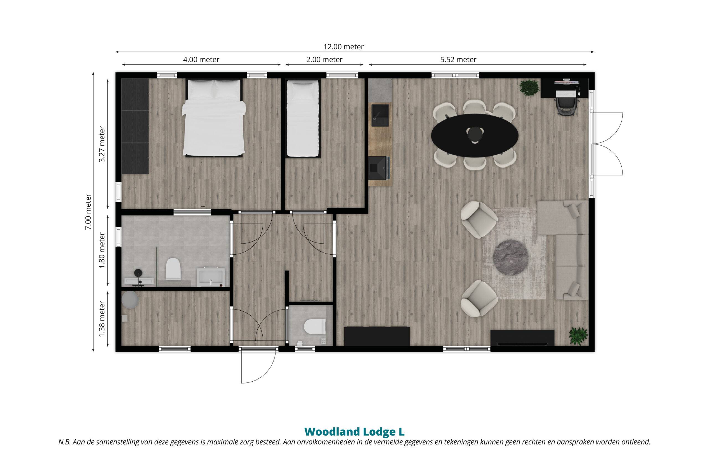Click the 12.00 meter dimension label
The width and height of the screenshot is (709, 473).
pyautogui.click(x=344, y=47)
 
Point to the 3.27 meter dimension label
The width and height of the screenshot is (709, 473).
pyautogui.click(x=102, y=144)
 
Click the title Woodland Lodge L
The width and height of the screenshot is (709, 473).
pyautogui.click(x=354, y=432)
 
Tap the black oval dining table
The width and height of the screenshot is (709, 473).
pyautogui.click(x=474, y=135)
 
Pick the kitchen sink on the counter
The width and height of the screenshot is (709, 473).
pyautogui.click(x=380, y=115)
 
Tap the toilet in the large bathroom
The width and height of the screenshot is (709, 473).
pyautogui.click(x=173, y=268)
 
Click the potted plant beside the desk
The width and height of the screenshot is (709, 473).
pyautogui.click(x=528, y=88)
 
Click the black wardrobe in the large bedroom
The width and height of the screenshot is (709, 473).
pyautogui.click(x=135, y=126)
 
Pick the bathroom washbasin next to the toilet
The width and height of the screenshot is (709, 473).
pyautogui.click(x=211, y=277)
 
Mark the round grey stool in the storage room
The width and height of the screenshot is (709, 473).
pyautogui.click(x=130, y=300)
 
